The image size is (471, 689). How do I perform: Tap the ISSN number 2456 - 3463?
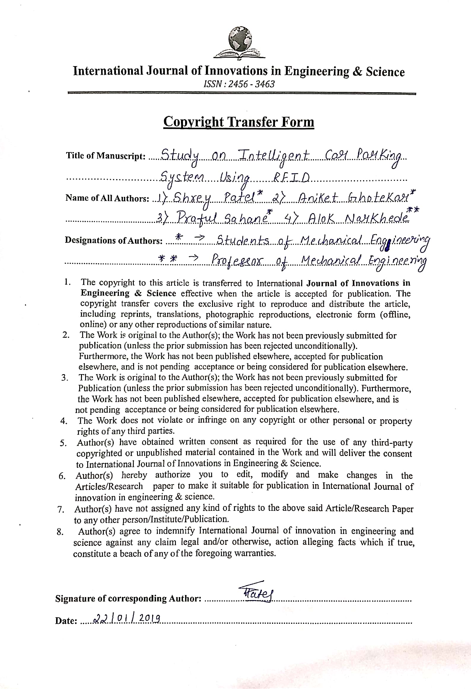239,84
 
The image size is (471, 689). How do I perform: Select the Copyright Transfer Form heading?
238,122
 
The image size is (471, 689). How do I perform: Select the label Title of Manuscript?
106,156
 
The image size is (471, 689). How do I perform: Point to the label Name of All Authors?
107,198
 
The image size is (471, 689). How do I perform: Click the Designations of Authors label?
114,240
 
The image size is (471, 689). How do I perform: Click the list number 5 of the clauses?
63,443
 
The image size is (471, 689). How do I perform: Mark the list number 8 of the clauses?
60,532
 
